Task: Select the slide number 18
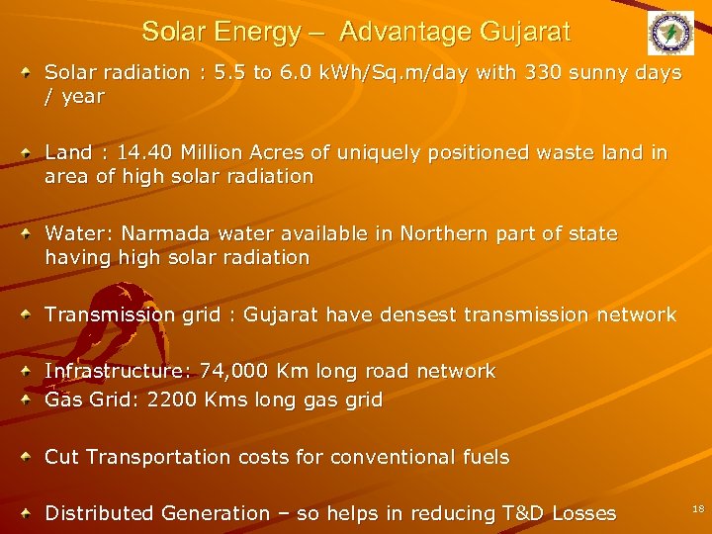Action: coord(698,507)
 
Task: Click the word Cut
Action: coord(63,457)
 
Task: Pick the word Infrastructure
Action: coord(119,371)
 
